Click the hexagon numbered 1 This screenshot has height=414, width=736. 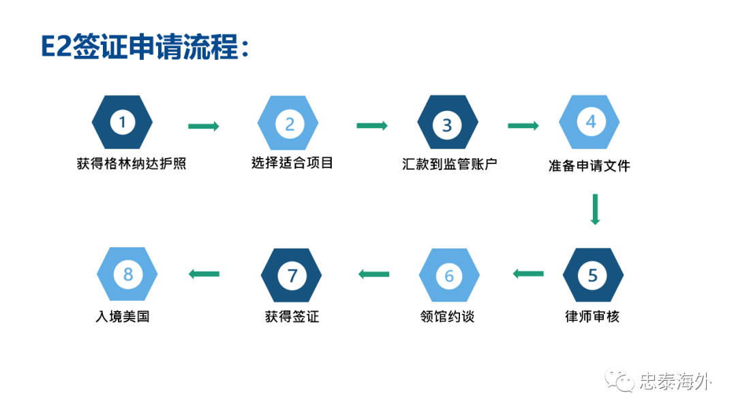tap(122, 123)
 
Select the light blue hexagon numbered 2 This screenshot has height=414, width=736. tap(288, 123)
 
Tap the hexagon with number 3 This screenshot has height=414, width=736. tap(448, 123)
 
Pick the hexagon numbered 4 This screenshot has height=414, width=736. tap(589, 122)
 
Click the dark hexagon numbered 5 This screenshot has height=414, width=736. tap(594, 275)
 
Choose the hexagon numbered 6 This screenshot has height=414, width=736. tap(449, 276)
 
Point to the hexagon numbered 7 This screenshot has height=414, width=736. tap(292, 276)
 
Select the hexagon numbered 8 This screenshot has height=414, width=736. tap(127, 274)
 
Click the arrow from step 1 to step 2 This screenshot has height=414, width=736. tap(204, 126)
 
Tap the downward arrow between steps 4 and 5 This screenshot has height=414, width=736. tap(595, 209)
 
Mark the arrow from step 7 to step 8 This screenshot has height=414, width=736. tap(204, 274)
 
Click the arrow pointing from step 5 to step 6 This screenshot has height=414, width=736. tap(529, 274)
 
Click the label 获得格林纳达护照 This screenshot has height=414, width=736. tap(132, 163)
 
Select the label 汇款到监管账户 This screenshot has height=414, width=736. tap(450, 164)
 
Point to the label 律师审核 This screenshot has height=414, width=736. tap(592, 317)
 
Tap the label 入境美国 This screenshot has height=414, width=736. tap(123, 317)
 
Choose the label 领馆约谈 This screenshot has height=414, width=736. tap(447, 317)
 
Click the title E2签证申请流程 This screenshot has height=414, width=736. tap(145, 47)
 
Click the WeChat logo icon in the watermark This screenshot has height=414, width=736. tap(619, 380)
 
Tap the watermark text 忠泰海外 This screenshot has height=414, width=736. tap(675, 381)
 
